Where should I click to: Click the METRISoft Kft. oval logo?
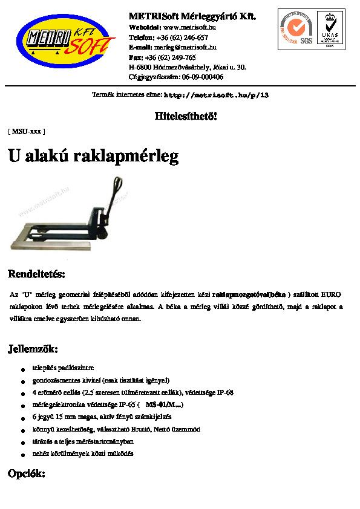pyautogui.click(x=65, y=42)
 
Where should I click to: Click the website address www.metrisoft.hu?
pyautogui.click(x=190, y=27)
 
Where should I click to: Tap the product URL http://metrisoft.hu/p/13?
pyautogui.click(x=216, y=96)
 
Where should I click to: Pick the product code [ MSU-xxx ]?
pyautogui.click(x=26, y=131)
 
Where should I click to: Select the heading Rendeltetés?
pyautogui.click(x=36, y=274)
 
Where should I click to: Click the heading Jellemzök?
pyautogui.click(x=33, y=349)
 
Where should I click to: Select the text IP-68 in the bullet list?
pyautogui.click(x=224, y=392)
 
